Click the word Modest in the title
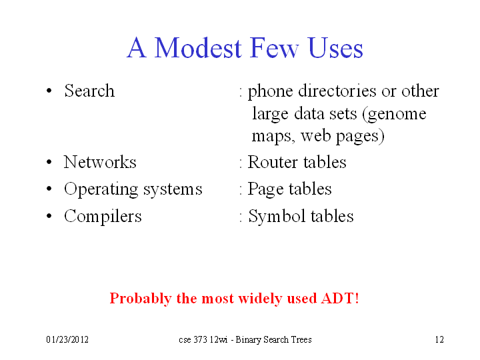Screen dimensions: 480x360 198,47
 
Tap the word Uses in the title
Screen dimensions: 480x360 336,47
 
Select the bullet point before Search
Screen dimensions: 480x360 49,91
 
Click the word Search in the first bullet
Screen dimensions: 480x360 89,91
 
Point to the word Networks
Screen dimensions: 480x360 100,161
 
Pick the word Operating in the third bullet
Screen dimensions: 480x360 101,189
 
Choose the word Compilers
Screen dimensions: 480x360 103,217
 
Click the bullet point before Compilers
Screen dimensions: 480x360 49,216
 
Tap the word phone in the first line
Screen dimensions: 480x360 270,91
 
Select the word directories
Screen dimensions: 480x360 337,91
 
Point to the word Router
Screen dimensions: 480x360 273,161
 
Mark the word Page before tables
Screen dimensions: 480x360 265,189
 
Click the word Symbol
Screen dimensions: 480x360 277,217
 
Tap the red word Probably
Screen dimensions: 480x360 141,299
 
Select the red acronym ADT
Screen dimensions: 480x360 337,298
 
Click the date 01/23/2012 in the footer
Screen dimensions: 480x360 67,339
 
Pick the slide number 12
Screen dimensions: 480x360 439,339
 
